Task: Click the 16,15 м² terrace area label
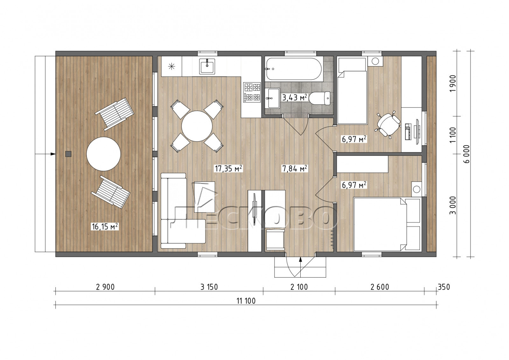coord(105,226)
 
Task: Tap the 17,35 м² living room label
coord(228,168)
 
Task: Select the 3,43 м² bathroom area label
coord(295,97)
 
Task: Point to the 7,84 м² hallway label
coord(295,168)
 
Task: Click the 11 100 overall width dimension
coord(246,301)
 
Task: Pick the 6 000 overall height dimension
coord(466,154)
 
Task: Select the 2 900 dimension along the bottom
coord(105,287)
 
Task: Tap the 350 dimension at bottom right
coord(444,287)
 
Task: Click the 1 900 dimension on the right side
coord(453,83)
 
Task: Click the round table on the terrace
coord(103,154)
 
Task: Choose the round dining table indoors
coord(197,126)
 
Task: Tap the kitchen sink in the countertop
coord(207,66)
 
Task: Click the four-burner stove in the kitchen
coord(252,92)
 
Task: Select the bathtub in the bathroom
coord(294,69)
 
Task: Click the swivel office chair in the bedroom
coord(388,125)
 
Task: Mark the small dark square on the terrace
coord(68,154)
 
